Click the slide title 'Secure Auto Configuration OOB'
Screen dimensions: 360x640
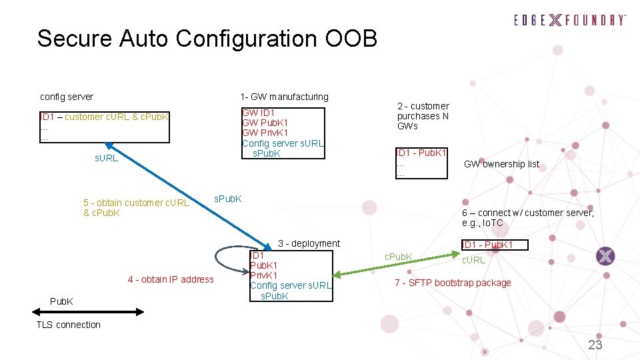(207, 38)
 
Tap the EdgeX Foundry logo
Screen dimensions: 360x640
(570, 20)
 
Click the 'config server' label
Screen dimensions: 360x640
(67, 97)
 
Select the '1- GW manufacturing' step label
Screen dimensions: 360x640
(285, 97)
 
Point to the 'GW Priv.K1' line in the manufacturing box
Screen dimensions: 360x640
(265, 133)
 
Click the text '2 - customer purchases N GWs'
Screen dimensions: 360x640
(423, 116)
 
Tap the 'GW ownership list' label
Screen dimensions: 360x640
(501, 164)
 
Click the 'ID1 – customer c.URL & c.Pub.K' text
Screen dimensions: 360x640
(104, 117)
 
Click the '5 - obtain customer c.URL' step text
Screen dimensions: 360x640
(136, 203)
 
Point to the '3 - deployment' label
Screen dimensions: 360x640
(309, 243)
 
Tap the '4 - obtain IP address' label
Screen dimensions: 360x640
(171, 279)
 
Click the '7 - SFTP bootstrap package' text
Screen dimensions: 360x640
(453, 283)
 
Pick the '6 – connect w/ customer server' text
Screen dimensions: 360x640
(527, 213)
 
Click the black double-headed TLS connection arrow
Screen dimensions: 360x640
(87, 311)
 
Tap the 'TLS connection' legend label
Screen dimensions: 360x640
(69, 325)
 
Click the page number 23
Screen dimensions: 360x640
(595, 345)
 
